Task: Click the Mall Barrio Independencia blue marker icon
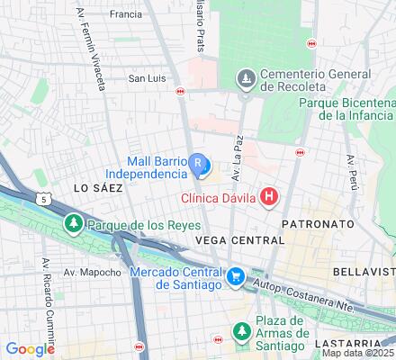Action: pyautogui.click(x=198, y=164)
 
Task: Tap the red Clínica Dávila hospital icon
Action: pyautogui.click(x=267, y=196)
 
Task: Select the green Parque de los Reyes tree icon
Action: pyautogui.click(x=71, y=222)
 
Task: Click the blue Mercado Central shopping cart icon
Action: pyautogui.click(x=235, y=276)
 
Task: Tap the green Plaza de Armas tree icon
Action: pyautogui.click(x=242, y=332)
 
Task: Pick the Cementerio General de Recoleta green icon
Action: pyautogui.click(x=246, y=80)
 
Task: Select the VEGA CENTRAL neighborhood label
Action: pyautogui.click(x=238, y=240)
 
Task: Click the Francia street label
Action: pyautogui.click(x=125, y=14)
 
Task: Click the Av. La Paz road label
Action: pyautogui.click(x=236, y=161)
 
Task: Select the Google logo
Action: pyautogui.click(x=30, y=349)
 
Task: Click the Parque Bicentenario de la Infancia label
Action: pyautogui.click(x=346, y=112)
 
